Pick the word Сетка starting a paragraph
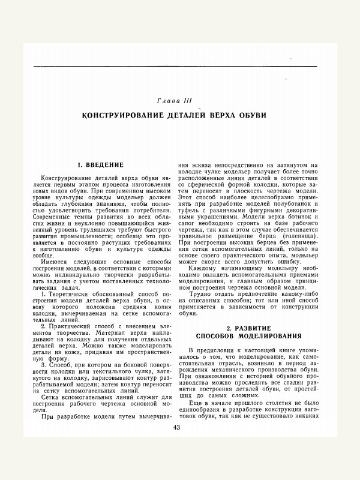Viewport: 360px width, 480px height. (x=50, y=396)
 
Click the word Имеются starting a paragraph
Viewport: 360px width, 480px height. (x=54, y=262)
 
